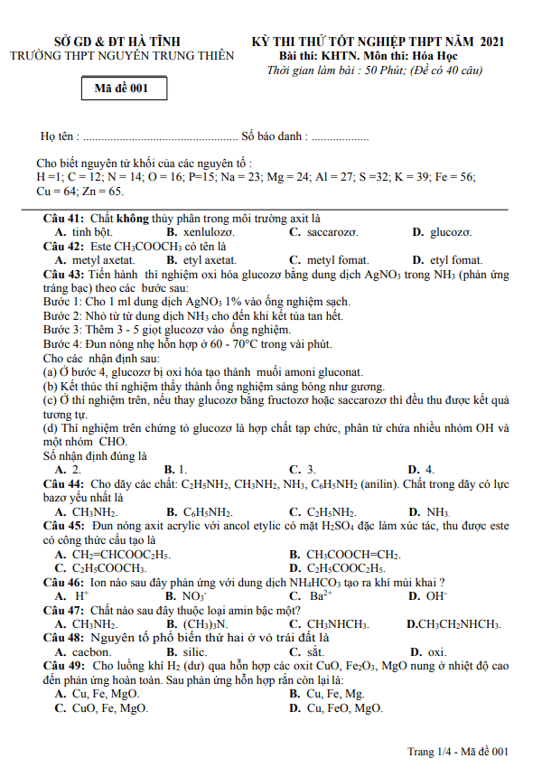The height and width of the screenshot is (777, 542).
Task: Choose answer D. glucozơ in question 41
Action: [438, 232]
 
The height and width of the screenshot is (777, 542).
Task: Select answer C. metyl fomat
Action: [329, 259]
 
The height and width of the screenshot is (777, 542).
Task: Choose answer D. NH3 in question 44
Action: [428, 511]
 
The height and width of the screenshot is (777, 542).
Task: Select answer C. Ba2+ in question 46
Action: [311, 595]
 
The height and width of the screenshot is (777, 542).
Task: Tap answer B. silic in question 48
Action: [186, 651]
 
